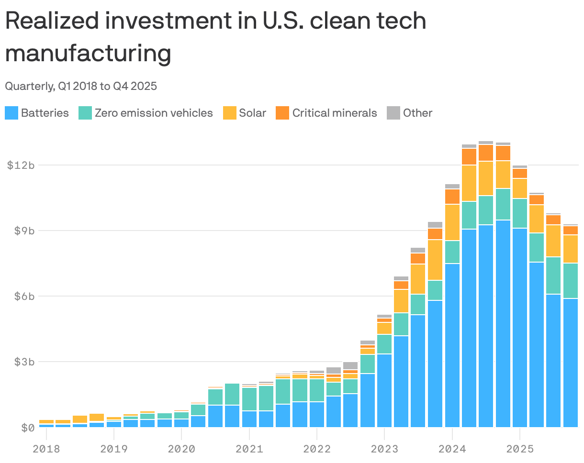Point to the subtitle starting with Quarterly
click(81, 86)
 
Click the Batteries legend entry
click(45, 113)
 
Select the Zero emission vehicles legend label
click(153, 113)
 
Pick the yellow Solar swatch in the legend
click(230, 113)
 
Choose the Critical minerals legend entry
click(334, 113)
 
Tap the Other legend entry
click(417, 113)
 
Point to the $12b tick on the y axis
click(21, 165)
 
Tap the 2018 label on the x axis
click(46, 449)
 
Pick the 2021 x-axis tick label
click(249, 449)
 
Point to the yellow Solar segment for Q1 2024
click(452, 222)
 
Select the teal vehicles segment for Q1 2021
click(249, 399)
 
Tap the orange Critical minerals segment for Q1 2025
click(519, 173)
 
